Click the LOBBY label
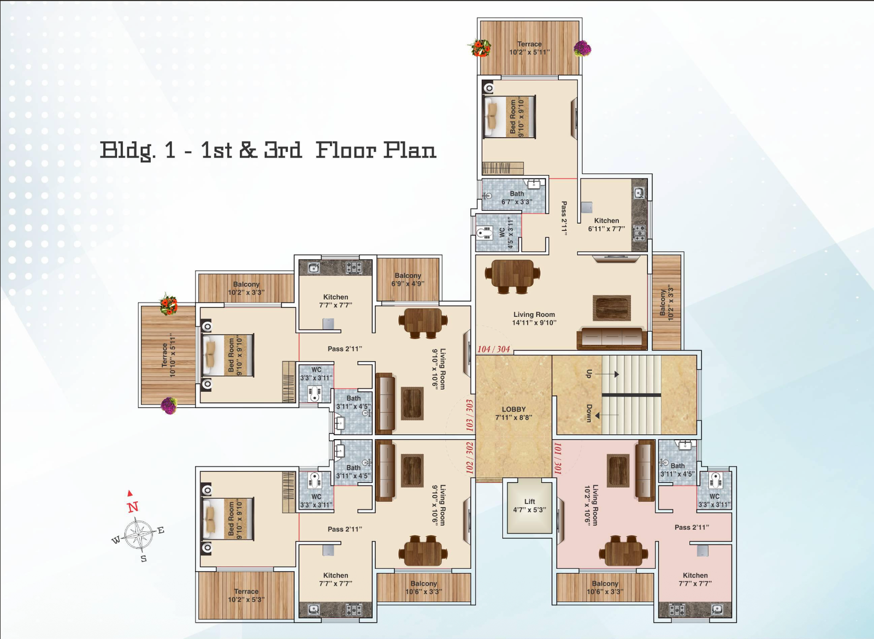(513, 413)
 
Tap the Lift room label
(529, 505)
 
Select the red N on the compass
(133, 507)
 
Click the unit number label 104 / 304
(494, 349)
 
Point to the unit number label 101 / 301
(558, 458)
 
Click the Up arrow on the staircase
(607, 374)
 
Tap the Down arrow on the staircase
(607, 416)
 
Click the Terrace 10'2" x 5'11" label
(529, 48)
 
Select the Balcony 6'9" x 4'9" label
(408, 279)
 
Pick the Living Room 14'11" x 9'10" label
(534, 318)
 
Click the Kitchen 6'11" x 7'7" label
(606, 224)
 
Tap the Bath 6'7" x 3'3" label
(517, 197)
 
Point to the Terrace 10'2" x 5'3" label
(246, 595)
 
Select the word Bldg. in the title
(128, 151)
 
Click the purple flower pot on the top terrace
(582, 49)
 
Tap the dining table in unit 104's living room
(512, 276)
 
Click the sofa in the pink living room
(645, 471)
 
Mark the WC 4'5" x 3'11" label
(506, 233)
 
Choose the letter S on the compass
(144, 559)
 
